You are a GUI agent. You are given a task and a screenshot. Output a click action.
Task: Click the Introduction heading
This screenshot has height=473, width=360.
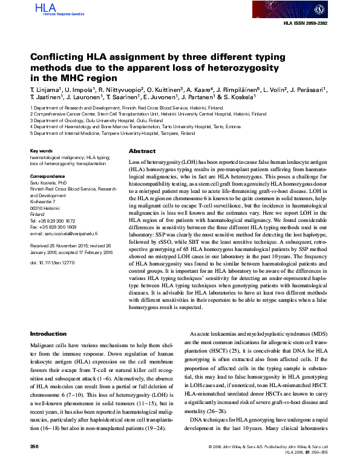point(48,334)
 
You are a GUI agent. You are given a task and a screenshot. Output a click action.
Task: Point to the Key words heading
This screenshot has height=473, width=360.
point(41,151)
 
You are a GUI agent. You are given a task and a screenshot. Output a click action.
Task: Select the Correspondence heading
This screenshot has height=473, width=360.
point(47,176)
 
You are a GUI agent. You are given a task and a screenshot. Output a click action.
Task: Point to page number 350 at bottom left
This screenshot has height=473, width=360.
point(34,463)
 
